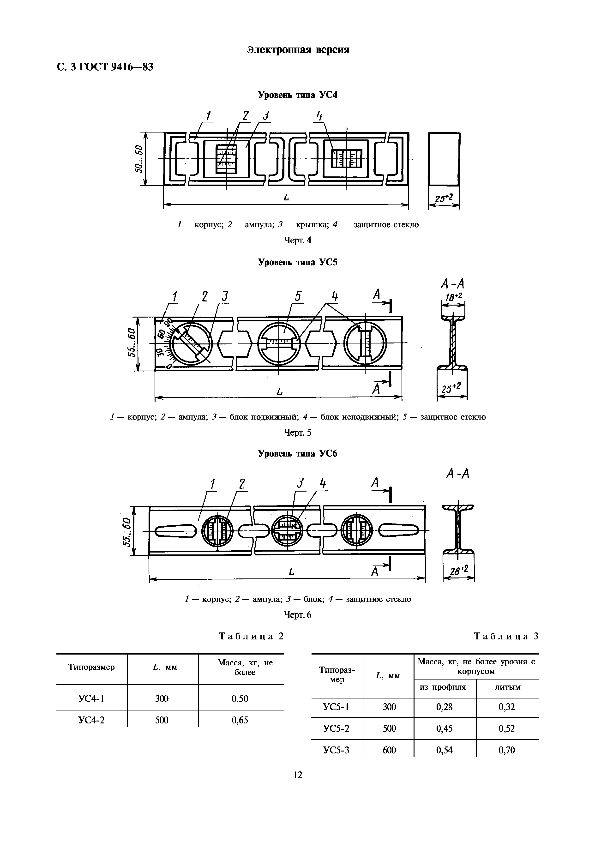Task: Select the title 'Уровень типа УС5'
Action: (298, 263)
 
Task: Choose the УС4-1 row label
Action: (92, 698)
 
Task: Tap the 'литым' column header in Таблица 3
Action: (507, 687)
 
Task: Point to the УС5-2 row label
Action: (337, 728)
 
